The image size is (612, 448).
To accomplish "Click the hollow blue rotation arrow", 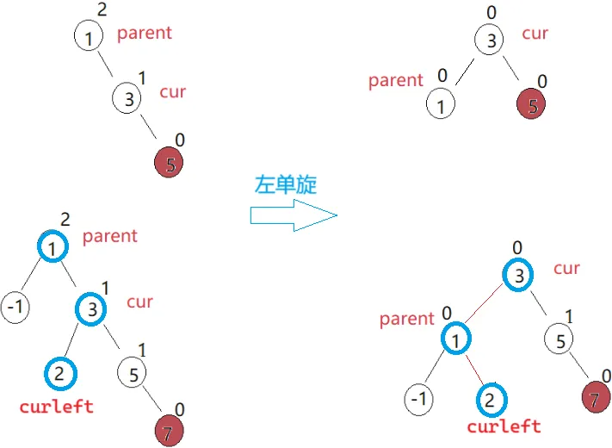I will (293, 215).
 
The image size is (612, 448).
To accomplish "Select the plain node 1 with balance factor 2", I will (88, 38).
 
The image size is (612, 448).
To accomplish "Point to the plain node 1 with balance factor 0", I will (442, 106).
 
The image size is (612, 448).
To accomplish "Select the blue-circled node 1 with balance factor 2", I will (53, 248).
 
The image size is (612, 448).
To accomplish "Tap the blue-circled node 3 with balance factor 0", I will (518, 276).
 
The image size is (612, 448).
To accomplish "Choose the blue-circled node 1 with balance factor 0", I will (457, 339).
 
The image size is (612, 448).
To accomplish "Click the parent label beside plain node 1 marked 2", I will (144, 34).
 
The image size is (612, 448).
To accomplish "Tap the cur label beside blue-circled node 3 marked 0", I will (566, 268).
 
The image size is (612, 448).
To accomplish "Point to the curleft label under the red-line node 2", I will (504, 426).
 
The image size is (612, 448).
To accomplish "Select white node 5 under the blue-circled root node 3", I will (559, 341).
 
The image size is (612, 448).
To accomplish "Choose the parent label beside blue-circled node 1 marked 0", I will (406, 319).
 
